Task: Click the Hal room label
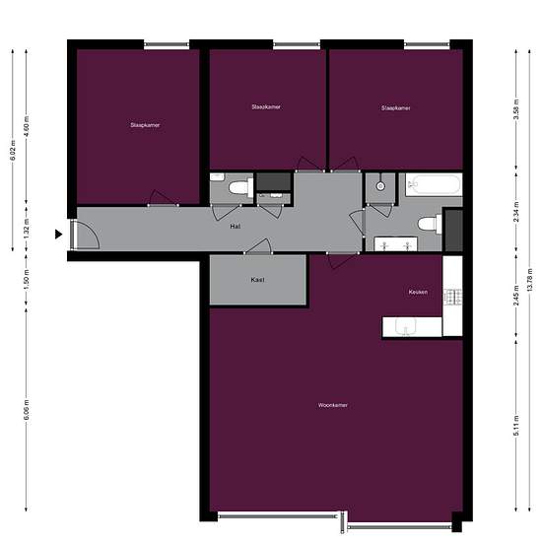click(236, 226)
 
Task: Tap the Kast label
click(257, 280)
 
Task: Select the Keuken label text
click(418, 293)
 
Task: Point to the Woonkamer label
click(333, 405)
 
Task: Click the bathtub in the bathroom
click(434, 184)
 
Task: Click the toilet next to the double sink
click(427, 223)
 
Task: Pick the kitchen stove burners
click(453, 296)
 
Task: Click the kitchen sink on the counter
click(404, 327)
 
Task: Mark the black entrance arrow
click(59, 234)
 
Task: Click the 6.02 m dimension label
click(14, 149)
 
